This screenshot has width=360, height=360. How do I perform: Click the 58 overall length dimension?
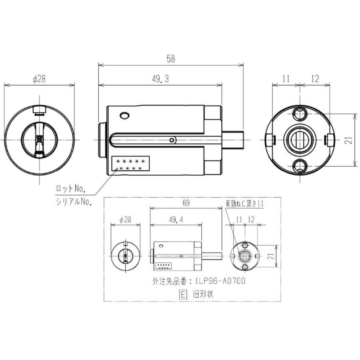pos(171,58)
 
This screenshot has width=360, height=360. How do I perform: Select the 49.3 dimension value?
pos(160,80)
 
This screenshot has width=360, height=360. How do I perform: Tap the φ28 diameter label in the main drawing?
pos(39,79)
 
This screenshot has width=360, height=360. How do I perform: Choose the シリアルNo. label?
pos(74,202)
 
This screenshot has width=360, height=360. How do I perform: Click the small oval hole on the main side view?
pos(125,116)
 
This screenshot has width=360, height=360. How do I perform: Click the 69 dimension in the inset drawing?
pos(186,203)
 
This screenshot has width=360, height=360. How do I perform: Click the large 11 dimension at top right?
pos(285,79)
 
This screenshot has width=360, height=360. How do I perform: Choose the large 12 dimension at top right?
pos(314,79)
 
